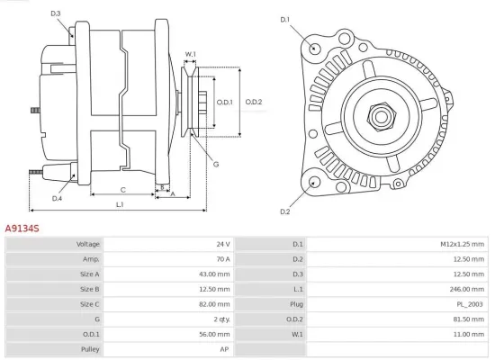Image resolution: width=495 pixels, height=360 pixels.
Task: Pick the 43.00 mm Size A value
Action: tap(217, 274)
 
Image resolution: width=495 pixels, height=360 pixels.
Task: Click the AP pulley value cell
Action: tap(225, 348)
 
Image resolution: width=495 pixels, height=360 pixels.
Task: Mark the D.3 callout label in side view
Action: tap(56, 13)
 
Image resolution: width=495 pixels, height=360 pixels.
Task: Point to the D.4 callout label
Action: tap(57, 198)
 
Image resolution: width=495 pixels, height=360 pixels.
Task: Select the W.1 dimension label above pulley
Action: tap(191, 54)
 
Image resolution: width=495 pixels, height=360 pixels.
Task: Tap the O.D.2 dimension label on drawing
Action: tap(254, 102)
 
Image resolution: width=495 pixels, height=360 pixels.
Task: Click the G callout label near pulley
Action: tap(216, 164)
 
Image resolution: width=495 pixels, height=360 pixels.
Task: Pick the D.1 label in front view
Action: tap(285, 19)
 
